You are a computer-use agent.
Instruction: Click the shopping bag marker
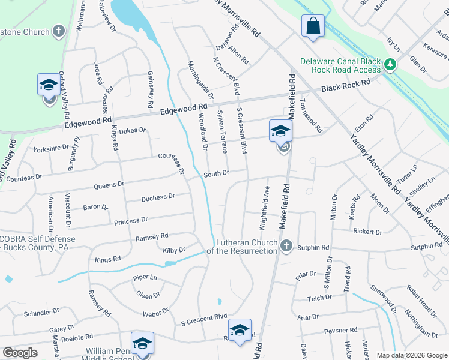pos(313,26)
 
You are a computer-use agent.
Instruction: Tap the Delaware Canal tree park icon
pos(390,63)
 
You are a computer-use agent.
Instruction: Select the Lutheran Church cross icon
pos(286,245)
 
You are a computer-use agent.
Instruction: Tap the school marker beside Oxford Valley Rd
pos(49,85)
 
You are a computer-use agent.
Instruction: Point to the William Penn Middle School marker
pos(142,344)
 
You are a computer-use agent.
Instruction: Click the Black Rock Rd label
pos(346,86)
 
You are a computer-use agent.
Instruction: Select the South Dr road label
pos(216,174)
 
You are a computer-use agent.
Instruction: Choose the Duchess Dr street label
pos(158,197)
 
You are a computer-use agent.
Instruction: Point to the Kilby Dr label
pos(174,249)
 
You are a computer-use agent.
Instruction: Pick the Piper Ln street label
pos(145,278)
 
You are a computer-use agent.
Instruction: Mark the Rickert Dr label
pos(368,232)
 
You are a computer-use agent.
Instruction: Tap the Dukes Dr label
pos(133,130)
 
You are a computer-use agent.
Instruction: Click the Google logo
pos(20,353)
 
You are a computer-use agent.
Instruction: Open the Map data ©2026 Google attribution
pos(412,355)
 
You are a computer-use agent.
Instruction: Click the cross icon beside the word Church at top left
pos(58,31)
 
